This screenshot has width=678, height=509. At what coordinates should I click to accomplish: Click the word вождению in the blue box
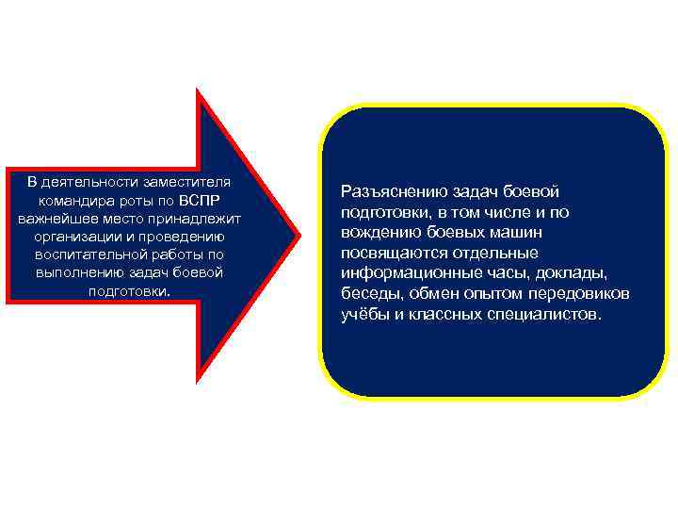click(x=376, y=232)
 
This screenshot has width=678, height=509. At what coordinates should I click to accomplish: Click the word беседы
click(x=368, y=294)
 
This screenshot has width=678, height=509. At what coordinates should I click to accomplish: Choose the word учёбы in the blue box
click(x=364, y=314)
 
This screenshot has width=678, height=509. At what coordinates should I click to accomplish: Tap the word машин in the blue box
click(x=517, y=232)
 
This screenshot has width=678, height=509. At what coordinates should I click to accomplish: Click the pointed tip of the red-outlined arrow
click(x=299, y=234)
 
